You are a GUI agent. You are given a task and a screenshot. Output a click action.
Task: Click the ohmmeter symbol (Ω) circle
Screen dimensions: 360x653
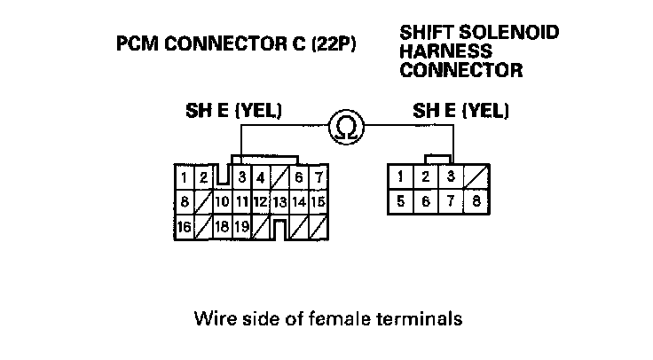347,129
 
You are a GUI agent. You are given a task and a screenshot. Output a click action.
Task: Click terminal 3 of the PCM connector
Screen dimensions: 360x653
241,178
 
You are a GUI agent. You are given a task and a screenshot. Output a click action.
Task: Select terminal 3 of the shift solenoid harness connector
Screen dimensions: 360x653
451,176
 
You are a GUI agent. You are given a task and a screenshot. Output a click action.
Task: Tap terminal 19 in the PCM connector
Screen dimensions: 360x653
241,227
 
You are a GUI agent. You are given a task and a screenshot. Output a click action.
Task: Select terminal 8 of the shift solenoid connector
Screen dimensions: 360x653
476,201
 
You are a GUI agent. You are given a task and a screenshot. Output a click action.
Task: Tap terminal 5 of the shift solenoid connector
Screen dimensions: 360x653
401,201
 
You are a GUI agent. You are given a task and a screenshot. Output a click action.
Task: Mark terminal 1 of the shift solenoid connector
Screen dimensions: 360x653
401,176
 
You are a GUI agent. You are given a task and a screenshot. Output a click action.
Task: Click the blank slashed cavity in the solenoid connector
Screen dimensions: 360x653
476,176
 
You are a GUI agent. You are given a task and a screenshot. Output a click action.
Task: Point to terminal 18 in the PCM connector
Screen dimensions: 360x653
222,227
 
